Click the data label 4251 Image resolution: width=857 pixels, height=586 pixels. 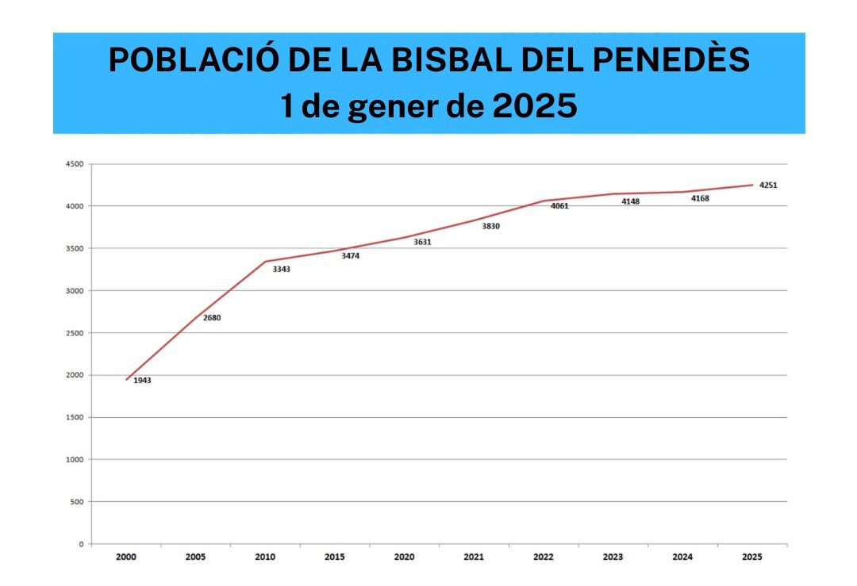pos(767,186)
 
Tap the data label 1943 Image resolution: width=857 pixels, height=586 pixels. pos(142,381)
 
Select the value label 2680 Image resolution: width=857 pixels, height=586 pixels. pos(212,318)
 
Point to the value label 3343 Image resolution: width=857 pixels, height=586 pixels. pos(282,270)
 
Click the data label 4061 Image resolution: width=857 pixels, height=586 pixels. pos(559,206)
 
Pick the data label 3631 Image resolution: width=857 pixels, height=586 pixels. pos(422,242)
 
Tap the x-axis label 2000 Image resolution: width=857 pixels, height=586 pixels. pos(126,557)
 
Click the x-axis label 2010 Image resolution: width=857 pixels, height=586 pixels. pos(265,557)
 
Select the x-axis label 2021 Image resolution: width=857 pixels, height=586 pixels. pos(474,557)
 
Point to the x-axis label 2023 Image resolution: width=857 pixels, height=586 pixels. pos(613,557)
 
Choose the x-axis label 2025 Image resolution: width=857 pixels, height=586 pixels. pos(751,557)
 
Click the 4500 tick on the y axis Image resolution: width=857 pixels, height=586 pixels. pos(74,164)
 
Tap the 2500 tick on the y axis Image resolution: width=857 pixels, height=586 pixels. pos(74,333)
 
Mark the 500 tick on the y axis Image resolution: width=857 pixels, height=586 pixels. pos(76,502)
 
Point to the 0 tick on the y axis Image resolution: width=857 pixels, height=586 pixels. pos(81,544)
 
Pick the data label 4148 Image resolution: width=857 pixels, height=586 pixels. pos(630,201)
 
